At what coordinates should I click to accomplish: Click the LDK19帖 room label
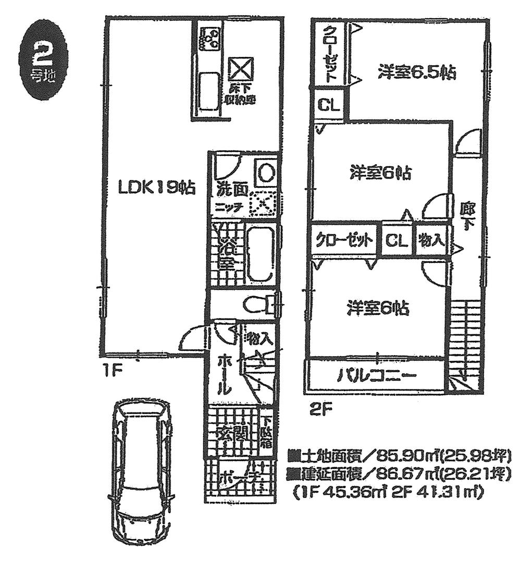coord(156,187)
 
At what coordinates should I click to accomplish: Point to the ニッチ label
coord(229,206)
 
